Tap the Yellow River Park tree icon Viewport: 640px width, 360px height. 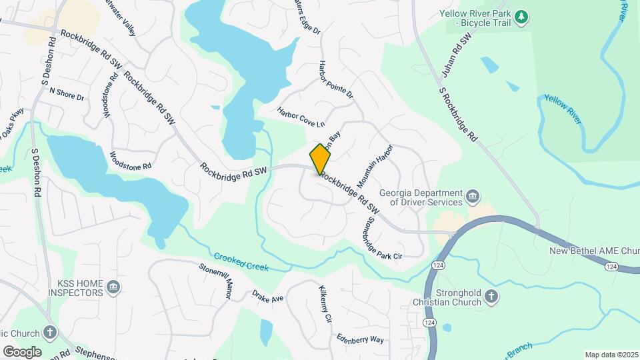pos(523,16)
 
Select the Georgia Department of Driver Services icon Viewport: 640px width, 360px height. pos(473,196)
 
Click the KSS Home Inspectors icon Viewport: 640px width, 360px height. pos(113,287)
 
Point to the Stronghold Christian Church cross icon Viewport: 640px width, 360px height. pos(491,297)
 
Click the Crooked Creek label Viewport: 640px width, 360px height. pos(241,261)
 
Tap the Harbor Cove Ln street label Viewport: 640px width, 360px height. pos(301,117)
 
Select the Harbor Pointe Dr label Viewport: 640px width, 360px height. pos(336,80)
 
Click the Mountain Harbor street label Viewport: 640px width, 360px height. pos(375,165)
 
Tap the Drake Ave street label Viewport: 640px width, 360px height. pos(267,296)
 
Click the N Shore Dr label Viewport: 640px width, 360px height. pos(67,94)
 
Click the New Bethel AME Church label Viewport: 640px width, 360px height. pos(593,251)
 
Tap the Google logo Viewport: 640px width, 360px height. pos(22,351)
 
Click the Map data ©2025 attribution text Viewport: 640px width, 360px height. pos(611,355)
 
